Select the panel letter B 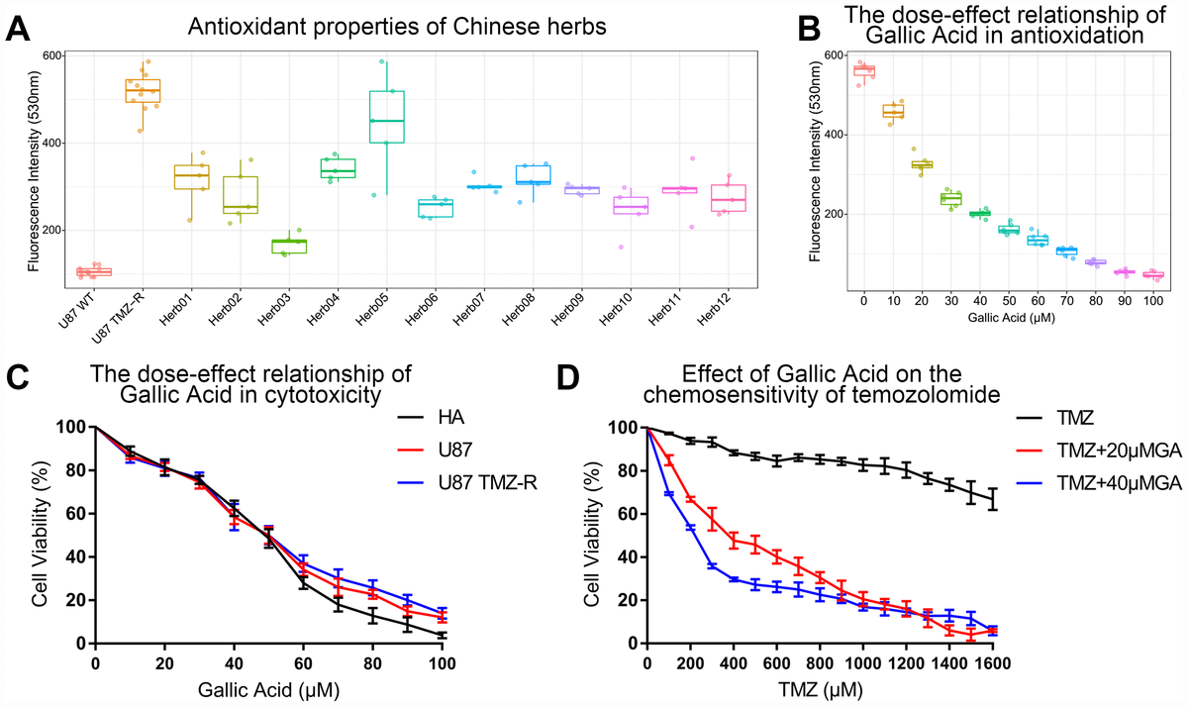pos(810,30)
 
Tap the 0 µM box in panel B pos(864,70)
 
